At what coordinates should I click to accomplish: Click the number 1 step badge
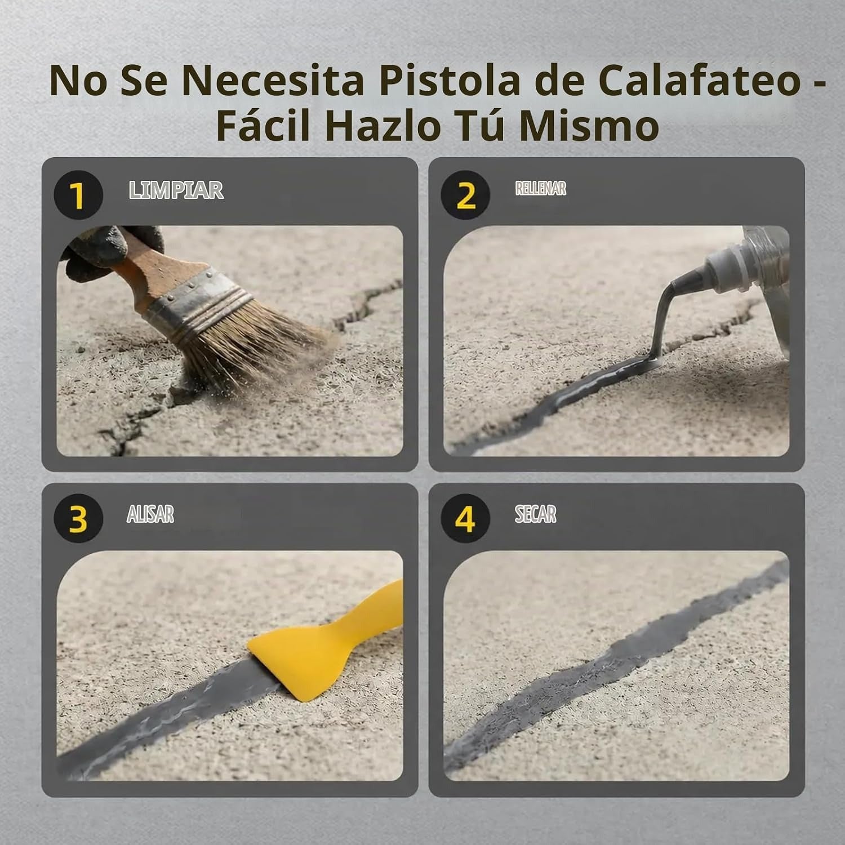[x=78, y=195]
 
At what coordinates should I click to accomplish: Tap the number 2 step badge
[x=465, y=195]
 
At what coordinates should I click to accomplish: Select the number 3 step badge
[x=78, y=518]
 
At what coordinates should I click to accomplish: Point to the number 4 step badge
[x=465, y=518]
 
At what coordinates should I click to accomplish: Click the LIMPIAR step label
[x=176, y=190]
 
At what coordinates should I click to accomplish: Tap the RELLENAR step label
[x=541, y=188]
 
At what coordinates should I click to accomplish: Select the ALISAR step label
[x=150, y=514]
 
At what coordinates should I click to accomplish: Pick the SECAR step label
[x=536, y=514]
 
